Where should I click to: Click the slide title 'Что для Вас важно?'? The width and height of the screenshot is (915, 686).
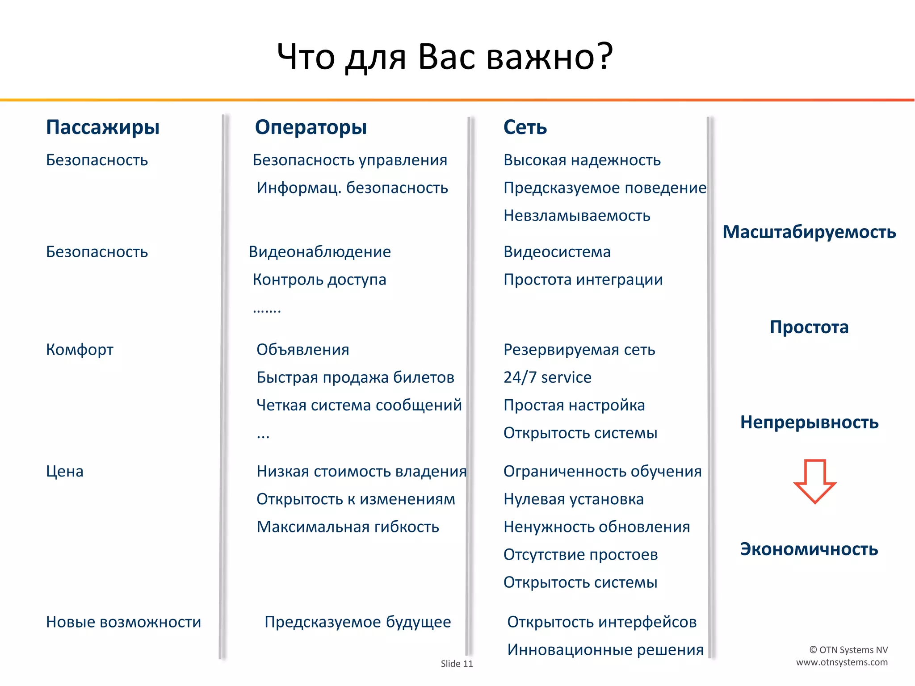tap(445, 57)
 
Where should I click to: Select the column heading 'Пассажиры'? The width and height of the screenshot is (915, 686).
tap(103, 127)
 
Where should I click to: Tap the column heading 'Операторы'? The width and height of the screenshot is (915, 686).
tap(311, 127)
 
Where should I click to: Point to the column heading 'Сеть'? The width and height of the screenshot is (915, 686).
tap(525, 127)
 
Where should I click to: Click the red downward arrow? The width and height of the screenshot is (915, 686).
tap(814, 481)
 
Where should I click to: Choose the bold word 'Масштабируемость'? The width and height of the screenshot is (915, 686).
tap(809, 232)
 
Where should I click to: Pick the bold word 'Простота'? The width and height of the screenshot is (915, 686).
tap(809, 327)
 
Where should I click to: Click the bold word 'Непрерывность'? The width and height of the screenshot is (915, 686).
tap(809, 422)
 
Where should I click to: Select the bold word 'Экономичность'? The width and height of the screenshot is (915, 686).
tap(809, 549)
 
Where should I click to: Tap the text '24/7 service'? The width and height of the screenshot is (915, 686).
tap(547, 378)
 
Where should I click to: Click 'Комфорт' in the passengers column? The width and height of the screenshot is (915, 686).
tap(80, 350)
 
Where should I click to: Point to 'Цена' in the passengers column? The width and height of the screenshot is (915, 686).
tap(65, 472)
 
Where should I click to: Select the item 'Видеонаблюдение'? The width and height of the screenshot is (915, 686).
tap(319, 252)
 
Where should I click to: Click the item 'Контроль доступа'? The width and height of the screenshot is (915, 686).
tap(319, 280)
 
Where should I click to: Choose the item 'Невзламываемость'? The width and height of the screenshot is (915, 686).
tap(577, 216)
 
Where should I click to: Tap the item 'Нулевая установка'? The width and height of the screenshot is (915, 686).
tap(573, 499)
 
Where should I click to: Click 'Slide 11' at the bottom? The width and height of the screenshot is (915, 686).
tap(457, 664)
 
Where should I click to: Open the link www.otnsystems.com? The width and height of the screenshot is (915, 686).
tap(842, 662)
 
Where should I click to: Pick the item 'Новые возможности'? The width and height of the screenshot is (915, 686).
tap(123, 622)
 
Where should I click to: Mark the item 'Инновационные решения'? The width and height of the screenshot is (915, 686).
tap(605, 650)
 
